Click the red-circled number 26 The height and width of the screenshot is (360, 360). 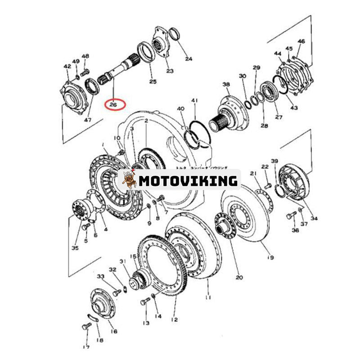(x=112, y=104)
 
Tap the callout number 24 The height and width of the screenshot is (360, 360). (x=188, y=58)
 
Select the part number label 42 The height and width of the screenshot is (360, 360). (x=67, y=67)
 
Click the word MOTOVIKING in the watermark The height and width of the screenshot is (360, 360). (x=188, y=181)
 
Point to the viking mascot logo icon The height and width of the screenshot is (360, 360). (x=130, y=180)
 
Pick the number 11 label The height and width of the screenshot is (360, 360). (x=207, y=297)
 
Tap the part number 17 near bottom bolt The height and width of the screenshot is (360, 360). (x=85, y=346)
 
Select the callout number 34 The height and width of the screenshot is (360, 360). (x=314, y=218)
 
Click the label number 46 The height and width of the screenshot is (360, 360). (x=301, y=42)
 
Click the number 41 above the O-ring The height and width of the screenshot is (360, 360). (x=194, y=100)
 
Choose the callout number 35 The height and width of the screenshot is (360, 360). (x=75, y=248)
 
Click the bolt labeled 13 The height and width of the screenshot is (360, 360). (x=145, y=301)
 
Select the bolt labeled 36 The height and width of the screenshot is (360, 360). (x=290, y=215)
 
